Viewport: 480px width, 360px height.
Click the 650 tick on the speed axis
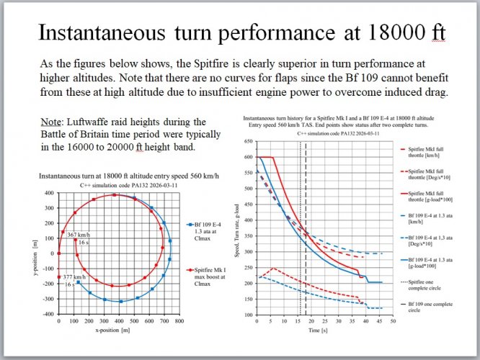click(249, 141)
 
